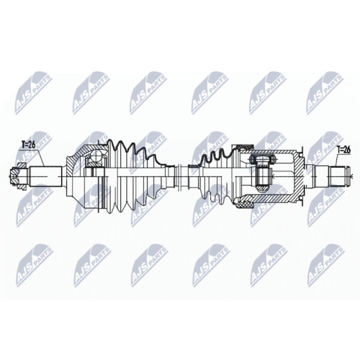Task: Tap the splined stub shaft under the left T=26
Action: pyautogui.click(x=45, y=174)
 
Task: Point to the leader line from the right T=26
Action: pyautogui.click(x=337, y=160)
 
